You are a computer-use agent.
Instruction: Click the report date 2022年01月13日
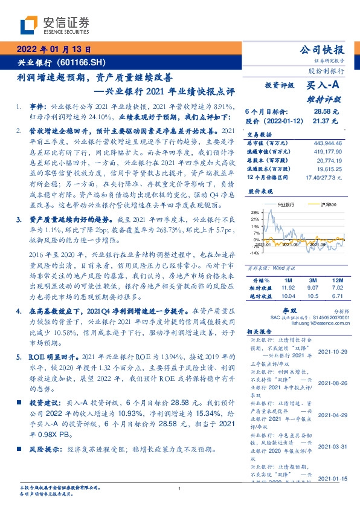(54, 50)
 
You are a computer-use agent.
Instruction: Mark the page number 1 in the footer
(180, 489)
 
